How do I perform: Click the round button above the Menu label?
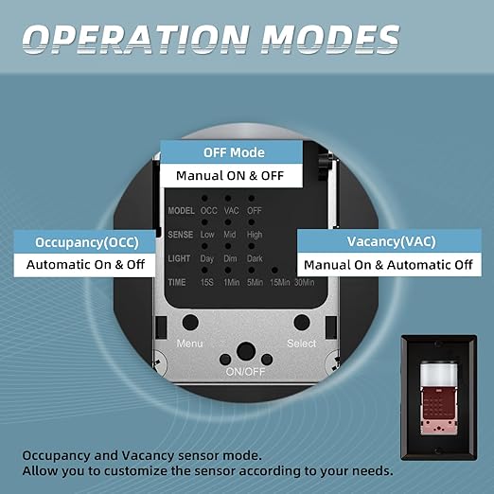click(x=190, y=323)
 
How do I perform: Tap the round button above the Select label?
click(x=302, y=323)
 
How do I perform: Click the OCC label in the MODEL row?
click(x=209, y=210)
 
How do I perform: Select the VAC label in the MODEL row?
click(x=232, y=210)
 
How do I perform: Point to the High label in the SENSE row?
click(x=255, y=235)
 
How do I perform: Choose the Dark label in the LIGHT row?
click(x=255, y=258)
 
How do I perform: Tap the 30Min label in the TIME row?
click(x=305, y=282)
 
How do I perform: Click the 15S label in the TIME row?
click(x=207, y=282)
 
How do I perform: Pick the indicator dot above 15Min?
click(x=274, y=270)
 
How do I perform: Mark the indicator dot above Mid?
click(x=228, y=222)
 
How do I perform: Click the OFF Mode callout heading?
click(x=234, y=152)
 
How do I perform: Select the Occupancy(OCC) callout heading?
click(x=87, y=242)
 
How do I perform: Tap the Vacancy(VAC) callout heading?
click(x=391, y=241)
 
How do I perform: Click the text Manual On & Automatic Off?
click(x=388, y=265)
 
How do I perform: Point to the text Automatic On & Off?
click(x=85, y=264)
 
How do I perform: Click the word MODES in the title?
click(x=330, y=39)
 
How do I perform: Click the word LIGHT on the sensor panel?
click(x=179, y=258)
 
